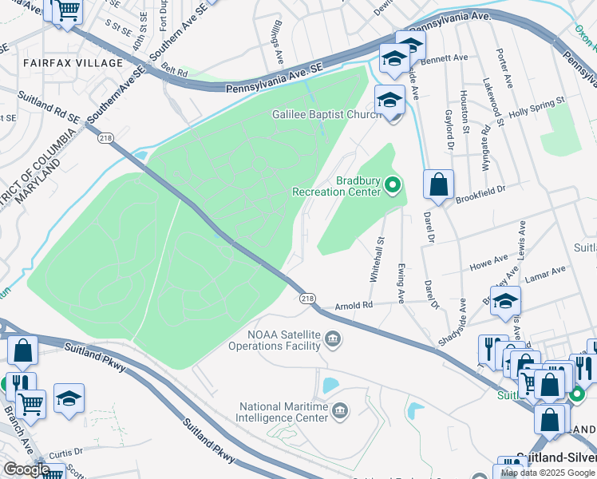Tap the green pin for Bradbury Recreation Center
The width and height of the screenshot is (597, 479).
[x=392, y=186]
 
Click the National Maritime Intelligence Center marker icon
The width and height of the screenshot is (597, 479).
[x=340, y=411]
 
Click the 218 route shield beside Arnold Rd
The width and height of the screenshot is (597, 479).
[x=307, y=299]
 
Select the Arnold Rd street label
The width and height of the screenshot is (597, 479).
[x=354, y=305]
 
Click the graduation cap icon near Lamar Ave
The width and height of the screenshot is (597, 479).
[x=505, y=301]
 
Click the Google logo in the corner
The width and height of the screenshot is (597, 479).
[x=26, y=469]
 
